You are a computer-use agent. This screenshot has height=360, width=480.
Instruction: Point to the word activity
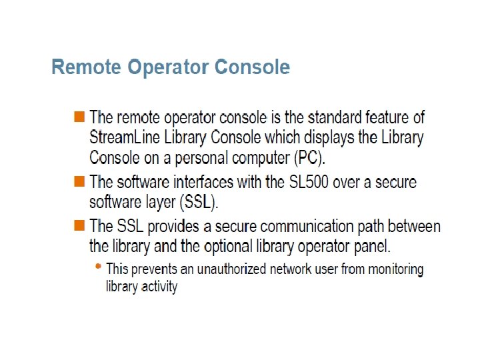click(x=159, y=287)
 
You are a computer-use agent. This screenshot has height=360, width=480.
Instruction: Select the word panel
click(x=373, y=246)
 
